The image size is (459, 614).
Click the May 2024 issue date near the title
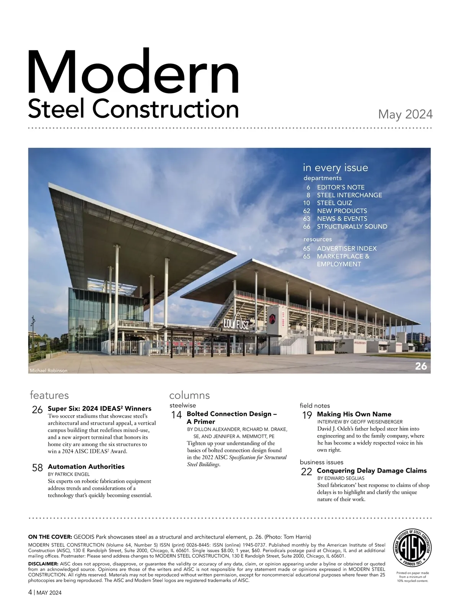(405, 114)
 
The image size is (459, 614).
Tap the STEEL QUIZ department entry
(334, 203)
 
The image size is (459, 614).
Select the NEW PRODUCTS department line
(342, 211)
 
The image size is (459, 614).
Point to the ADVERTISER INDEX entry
(347, 249)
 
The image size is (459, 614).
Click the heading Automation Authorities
(86, 466)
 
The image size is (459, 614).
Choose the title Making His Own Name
(354, 414)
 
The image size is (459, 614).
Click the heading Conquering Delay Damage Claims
(371, 471)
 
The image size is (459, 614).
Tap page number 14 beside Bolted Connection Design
(176, 415)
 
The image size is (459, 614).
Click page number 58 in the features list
(37, 468)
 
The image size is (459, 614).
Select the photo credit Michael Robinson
(49, 370)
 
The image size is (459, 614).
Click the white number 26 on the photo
(421, 366)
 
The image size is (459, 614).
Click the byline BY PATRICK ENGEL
(69, 474)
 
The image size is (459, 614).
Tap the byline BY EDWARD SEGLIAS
(340, 478)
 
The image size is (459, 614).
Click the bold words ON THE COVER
(50, 536)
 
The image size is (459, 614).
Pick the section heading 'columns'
(189, 395)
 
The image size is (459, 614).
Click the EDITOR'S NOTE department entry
(340, 187)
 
